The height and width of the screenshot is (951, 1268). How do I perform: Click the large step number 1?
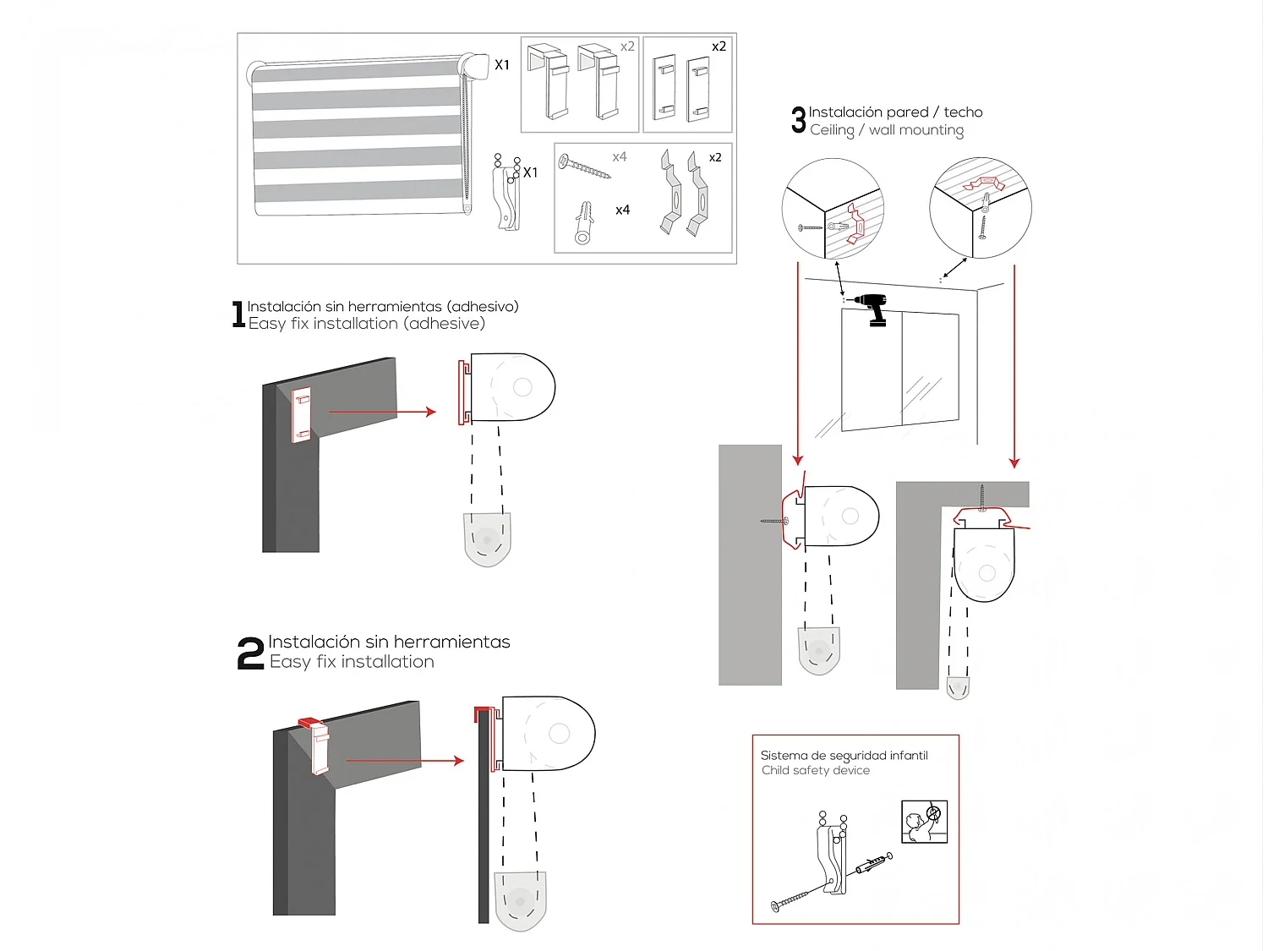pos(238,314)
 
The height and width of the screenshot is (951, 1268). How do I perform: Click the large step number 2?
pos(250,653)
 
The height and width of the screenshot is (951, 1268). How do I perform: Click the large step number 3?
pos(798,120)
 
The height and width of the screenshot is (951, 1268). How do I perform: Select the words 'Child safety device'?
pos(815,770)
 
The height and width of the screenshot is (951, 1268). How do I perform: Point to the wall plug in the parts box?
pos(584,222)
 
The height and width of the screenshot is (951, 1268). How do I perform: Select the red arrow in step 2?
pos(405,761)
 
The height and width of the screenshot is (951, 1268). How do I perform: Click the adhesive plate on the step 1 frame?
pos(302,414)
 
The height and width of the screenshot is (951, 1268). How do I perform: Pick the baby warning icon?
pos(924,822)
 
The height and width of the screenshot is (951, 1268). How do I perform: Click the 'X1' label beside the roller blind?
pos(502,65)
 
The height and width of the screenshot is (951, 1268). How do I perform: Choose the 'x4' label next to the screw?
pos(620,157)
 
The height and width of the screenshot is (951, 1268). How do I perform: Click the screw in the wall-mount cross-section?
pos(774,521)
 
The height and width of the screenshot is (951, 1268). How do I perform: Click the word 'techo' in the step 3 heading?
pos(963,112)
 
